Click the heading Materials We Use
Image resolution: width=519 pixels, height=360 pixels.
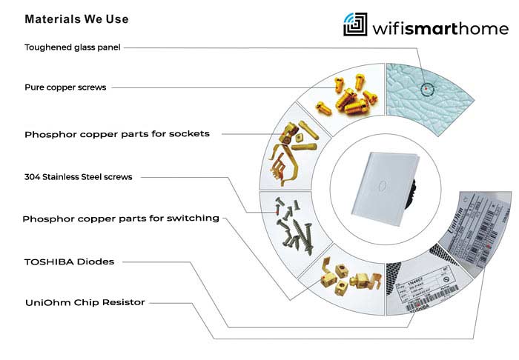65,19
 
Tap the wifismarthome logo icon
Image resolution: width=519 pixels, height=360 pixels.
354,24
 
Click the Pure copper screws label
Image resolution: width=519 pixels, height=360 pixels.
65,87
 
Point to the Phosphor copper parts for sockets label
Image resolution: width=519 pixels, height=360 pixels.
116,134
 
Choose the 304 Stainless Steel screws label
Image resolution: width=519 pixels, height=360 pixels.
78,177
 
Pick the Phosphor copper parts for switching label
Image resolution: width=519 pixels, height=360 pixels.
121,219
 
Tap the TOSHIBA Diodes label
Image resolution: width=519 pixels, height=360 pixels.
66,261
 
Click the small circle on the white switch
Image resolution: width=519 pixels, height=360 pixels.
381,182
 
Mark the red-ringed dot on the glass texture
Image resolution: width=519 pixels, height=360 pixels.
426,90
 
